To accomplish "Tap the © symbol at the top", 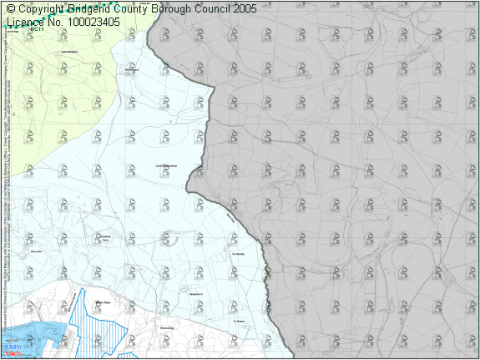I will click(11, 8).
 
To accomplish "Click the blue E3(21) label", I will click(13, 346).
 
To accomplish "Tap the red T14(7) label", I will click(11, 354).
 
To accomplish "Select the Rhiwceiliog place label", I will click(167, 328).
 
